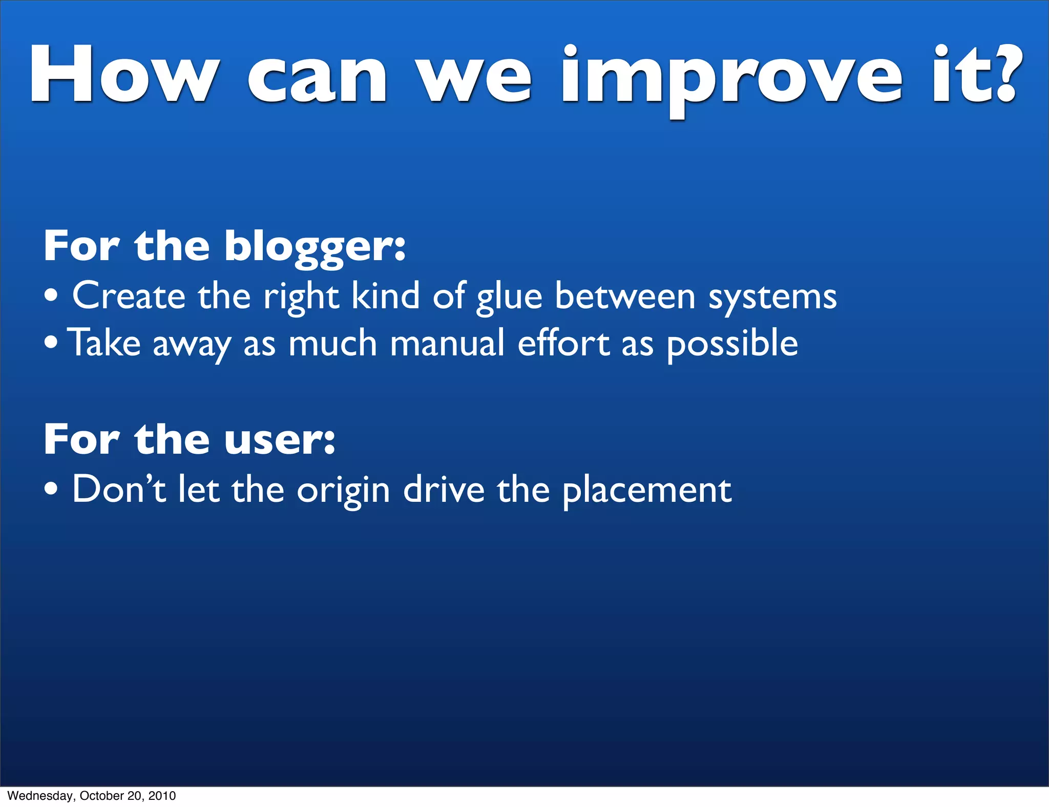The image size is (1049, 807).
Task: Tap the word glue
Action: [x=509, y=298]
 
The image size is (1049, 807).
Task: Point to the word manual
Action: [x=448, y=343]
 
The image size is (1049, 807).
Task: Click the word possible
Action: [x=732, y=344]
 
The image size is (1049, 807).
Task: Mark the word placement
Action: [x=647, y=492]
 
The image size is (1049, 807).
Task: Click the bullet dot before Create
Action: [x=51, y=296]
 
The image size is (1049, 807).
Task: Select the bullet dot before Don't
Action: [x=51, y=490]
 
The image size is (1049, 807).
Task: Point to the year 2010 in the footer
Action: [x=162, y=796]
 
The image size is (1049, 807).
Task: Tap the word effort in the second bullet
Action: [x=563, y=343]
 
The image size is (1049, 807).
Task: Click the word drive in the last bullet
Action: [x=444, y=490]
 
